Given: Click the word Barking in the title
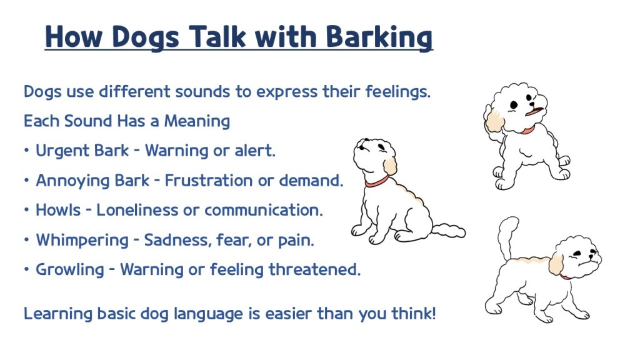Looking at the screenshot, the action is (379, 37).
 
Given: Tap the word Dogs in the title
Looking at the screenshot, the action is (145, 38).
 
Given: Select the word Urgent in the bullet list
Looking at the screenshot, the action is (61, 151).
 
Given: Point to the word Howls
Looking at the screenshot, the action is (58, 210).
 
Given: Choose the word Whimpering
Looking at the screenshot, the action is (82, 241).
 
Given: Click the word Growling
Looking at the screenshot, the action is (70, 270).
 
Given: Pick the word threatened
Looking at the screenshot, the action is (314, 269).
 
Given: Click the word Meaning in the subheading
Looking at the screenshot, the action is (197, 122).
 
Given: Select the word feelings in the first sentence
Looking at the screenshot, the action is (398, 92).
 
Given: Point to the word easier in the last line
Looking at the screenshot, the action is (289, 314).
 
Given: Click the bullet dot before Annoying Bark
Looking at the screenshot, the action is (26, 181).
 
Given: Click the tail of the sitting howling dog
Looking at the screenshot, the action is (448, 231).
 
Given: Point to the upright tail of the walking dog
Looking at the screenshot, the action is (506, 237).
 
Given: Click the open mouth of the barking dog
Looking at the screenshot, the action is (534, 111).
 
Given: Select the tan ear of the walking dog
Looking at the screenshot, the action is (556, 264).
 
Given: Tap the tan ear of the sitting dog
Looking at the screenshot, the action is (390, 166).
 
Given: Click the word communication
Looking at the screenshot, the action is (264, 210).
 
